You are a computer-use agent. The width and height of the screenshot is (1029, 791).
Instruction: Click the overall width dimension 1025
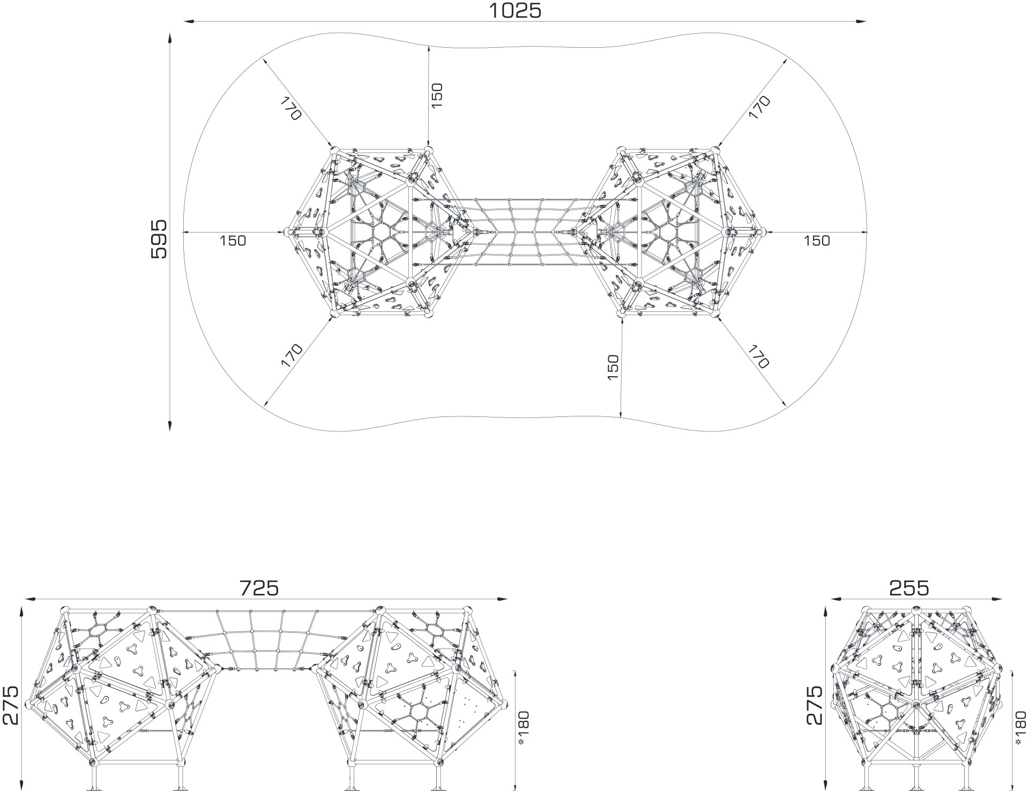[x=516, y=10]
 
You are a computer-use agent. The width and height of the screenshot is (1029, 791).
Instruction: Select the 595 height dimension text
[x=159, y=239]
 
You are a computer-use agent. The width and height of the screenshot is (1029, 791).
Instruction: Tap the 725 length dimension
[x=259, y=588]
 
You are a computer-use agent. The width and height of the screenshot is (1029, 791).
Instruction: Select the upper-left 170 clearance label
[x=289, y=108]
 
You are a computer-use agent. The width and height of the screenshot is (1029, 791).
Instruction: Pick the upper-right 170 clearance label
[x=759, y=107]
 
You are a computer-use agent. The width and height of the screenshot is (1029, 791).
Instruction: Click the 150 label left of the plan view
[x=233, y=241]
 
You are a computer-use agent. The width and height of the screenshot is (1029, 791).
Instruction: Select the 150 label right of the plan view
[x=816, y=241]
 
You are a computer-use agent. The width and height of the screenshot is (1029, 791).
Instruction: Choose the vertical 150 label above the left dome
[x=437, y=95]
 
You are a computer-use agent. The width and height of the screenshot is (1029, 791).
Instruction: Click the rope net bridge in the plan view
[x=525, y=232]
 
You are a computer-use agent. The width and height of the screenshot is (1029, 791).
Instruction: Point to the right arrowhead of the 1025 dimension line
[x=861, y=21]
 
